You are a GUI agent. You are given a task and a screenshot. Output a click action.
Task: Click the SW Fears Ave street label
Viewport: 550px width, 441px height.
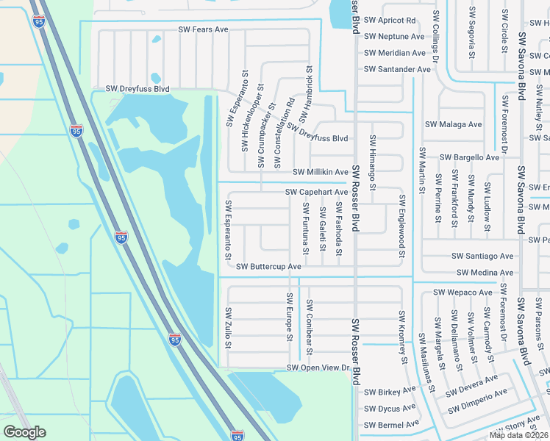[x=203, y=30]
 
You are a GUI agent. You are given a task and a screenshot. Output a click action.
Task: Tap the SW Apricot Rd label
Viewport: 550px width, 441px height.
[x=390, y=20]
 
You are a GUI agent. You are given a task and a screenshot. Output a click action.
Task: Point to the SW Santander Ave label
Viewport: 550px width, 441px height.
[x=397, y=69]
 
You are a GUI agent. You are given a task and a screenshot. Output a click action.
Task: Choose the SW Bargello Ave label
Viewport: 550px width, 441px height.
[x=470, y=157]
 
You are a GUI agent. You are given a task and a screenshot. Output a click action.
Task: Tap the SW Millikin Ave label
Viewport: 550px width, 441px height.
[x=320, y=172]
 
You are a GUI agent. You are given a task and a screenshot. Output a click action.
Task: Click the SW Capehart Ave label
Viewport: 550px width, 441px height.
[x=316, y=193]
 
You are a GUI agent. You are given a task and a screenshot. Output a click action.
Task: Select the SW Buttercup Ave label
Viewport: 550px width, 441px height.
[x=268, y=266]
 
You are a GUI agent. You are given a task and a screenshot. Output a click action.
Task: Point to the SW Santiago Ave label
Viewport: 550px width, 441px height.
[x=482, y=256]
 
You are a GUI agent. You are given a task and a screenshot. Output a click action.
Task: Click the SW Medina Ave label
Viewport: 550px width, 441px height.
[x=485, y=273]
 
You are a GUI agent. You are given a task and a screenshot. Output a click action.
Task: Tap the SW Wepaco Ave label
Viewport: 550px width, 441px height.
[x=463, y=293]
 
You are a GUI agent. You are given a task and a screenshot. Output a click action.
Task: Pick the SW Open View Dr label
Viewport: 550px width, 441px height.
[x=316, y=367]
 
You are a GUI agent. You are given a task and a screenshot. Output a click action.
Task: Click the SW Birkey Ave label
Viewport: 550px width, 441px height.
[x=390, y=392]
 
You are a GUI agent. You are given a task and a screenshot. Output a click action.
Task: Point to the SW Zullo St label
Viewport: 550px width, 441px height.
[x=229, y=328]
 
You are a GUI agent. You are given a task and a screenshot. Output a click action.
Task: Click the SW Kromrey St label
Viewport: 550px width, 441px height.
[x=402, y=337]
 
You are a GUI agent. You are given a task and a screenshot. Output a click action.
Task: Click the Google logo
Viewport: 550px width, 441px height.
[x=24, y=432]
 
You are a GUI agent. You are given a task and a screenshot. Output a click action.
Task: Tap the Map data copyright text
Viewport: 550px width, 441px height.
[x=518, y=435]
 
